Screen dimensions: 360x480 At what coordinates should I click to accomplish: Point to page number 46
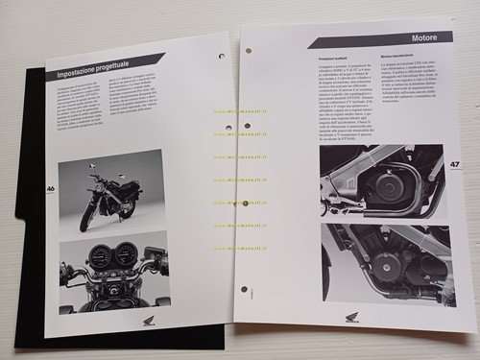tap(51, 188)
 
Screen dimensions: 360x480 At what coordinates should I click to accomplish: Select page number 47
tap(454, 164)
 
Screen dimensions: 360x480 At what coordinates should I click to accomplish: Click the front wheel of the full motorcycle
tap(87, 217)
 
